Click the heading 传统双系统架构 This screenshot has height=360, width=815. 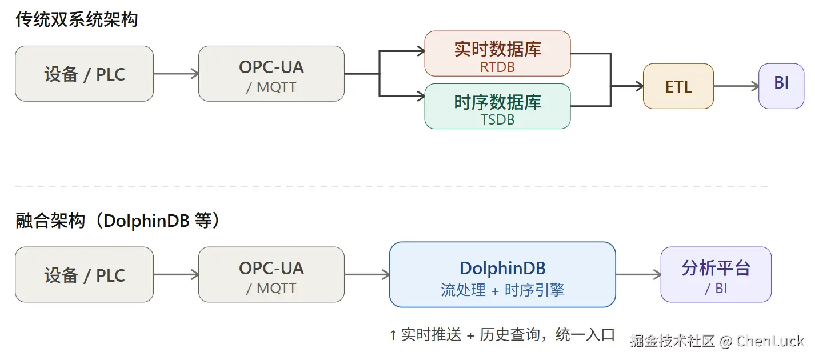click(77, 20)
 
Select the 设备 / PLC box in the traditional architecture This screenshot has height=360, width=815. click(84, 74)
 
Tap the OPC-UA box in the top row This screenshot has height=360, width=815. click(271, 74)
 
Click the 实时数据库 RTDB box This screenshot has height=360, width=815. click(497, 54)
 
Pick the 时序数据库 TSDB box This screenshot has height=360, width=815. click(497, 106)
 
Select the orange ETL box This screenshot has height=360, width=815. click(678, 86)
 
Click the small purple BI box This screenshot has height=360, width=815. click(781, 86)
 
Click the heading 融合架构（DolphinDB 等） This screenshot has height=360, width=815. click(117, 221)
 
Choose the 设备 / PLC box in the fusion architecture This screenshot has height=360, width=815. click(84, 275)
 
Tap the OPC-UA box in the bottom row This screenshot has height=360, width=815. click(271, 275)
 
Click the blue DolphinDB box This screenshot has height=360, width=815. click(502, 275)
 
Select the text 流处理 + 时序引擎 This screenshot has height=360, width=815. click(502, 290)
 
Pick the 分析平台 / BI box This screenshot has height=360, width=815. click(716, 275)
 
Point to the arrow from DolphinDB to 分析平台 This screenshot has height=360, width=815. click(638, 275)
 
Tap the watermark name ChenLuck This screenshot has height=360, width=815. click(770, 341)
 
